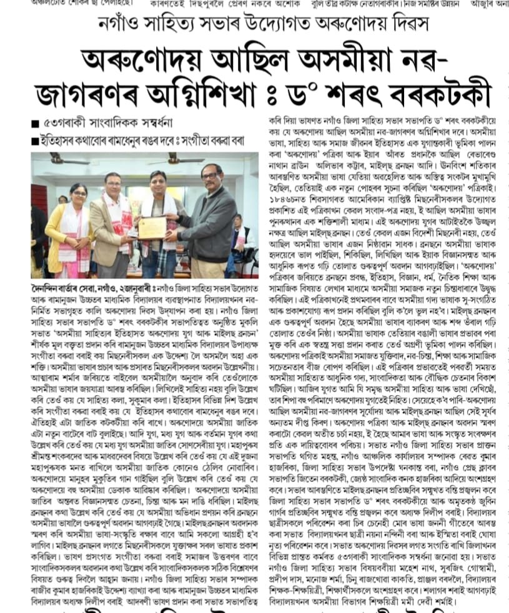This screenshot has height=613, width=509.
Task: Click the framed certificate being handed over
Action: [x=151, y=227]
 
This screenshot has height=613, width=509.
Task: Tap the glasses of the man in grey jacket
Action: [x=210, y=174]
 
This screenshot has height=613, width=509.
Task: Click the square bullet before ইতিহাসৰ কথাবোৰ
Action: [x=35, y=140]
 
